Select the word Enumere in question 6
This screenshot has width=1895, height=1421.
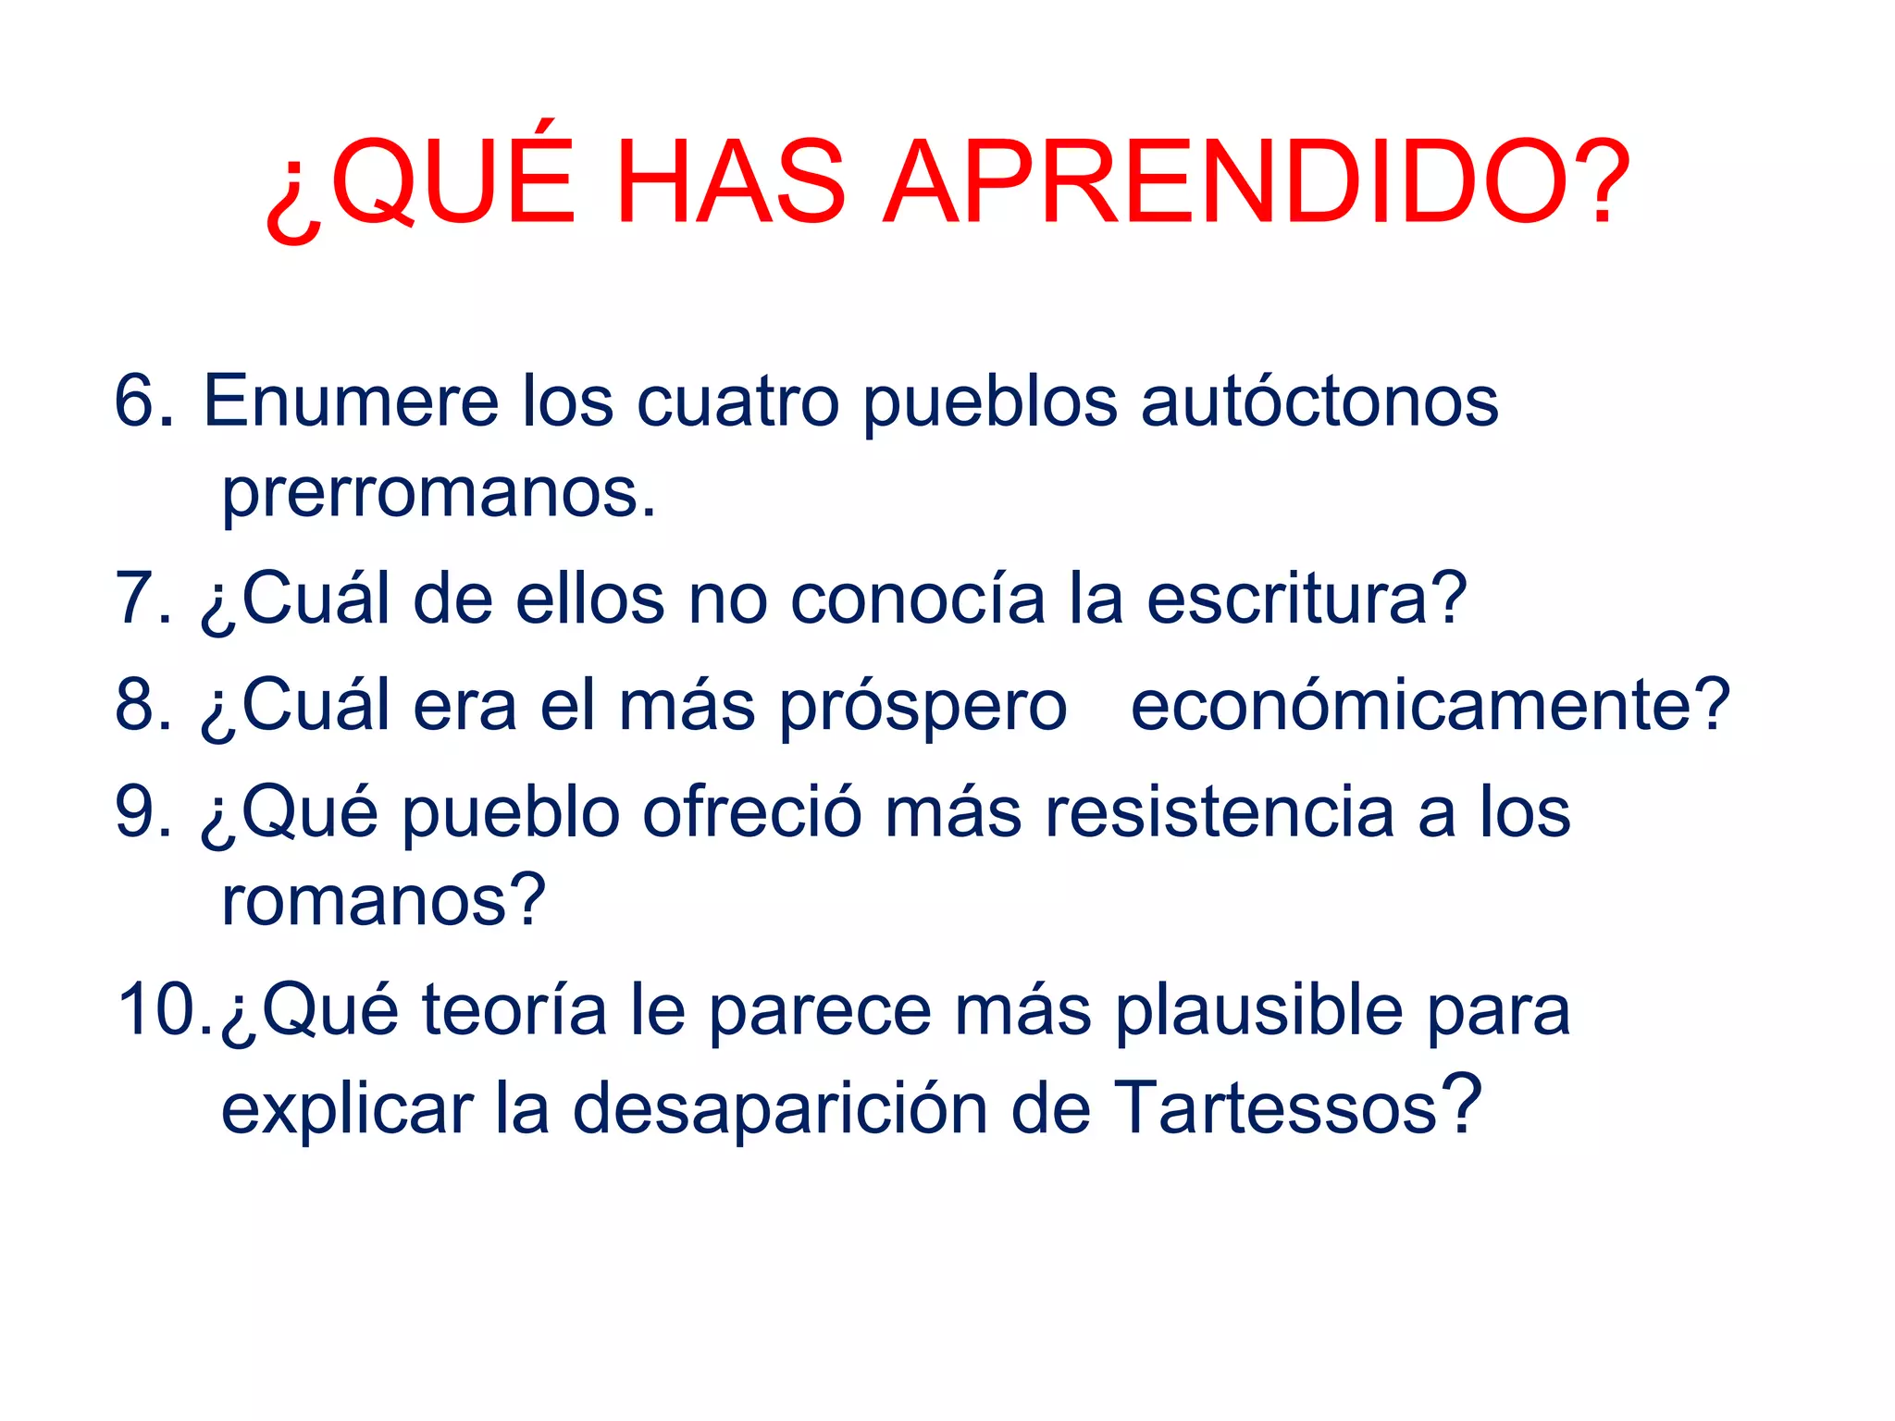(x=352, y=402)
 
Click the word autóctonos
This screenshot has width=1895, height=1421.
(x=1319, y=402)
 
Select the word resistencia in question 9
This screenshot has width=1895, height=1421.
(x=1219, y=812)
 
